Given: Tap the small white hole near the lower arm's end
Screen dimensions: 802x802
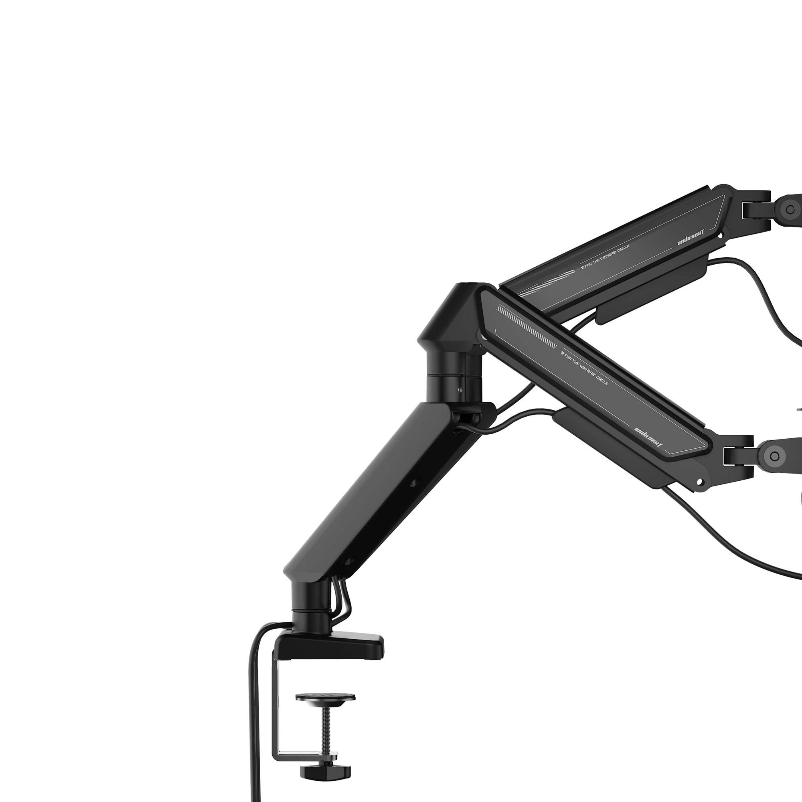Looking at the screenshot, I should [701, 482].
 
